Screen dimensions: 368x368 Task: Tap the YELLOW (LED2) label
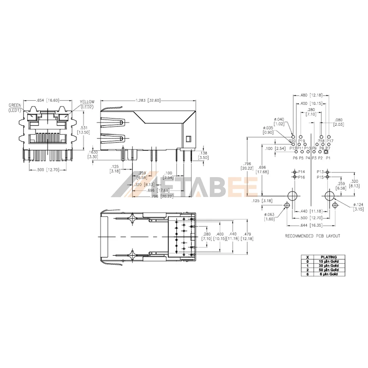[x=87, y=104]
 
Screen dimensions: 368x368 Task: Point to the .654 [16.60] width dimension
[x=48, y=100]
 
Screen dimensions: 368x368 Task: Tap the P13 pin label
[x=320, y=172]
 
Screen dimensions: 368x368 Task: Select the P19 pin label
[x=302, y=141]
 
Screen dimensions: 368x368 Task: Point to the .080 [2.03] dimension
[x=339, y=122]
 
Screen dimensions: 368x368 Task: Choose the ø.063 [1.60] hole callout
[x=270, y=217]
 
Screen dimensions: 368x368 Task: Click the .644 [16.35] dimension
[x=312, y=224]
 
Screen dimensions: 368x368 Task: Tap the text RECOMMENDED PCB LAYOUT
[x=312, y=236]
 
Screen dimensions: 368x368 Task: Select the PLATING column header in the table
[x=328, y=257]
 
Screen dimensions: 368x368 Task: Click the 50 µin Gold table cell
[x=328, y=270]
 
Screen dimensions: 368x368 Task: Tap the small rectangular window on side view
[x=188, y=139]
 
